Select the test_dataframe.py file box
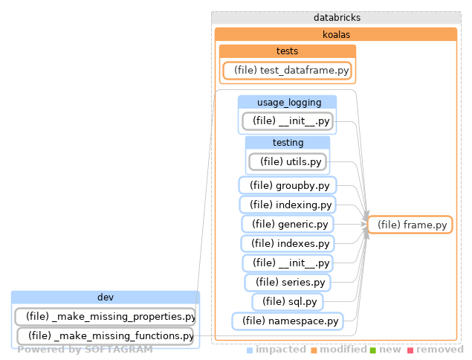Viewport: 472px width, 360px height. point(287,70)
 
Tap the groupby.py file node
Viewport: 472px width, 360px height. point(288,185)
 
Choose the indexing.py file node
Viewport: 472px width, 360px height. point(288,205)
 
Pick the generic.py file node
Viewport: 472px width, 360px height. point(288,224)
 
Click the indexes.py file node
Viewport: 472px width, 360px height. point(288,243)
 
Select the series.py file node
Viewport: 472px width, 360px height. point(288,282)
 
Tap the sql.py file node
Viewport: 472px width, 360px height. point(288,301)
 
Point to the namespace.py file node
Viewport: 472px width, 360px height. point(288,321)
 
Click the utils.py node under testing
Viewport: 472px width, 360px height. point(288,161)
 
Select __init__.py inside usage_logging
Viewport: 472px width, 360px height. point(288,120)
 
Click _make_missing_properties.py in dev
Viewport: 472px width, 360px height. point(105,316)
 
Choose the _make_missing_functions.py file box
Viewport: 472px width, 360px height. point(105,335)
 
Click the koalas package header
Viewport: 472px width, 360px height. point(336,33)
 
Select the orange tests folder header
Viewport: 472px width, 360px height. point(287,51)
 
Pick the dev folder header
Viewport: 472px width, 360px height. point(105,298)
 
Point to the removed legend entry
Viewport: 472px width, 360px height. point(440,350)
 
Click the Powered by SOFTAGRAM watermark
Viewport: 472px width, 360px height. point(85,350)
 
